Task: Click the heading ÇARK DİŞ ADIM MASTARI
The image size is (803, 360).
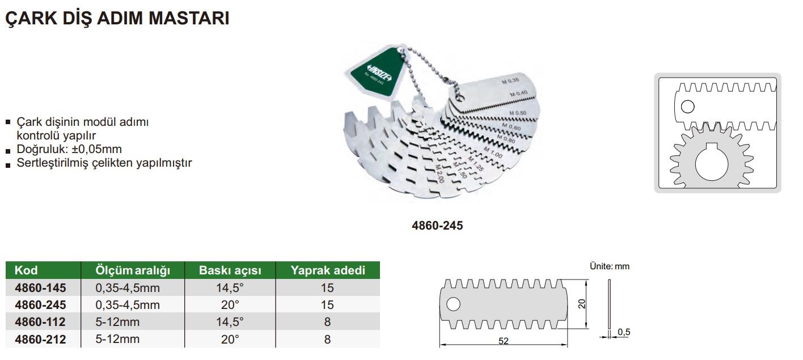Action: [x=117, y=19]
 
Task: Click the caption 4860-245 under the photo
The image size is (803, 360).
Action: [x=437, y=226]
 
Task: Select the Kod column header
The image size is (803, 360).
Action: [x=26, y=270]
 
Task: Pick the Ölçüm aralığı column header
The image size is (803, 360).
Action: [x=133, y=270]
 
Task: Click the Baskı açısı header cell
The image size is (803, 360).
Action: [x=230, y=270]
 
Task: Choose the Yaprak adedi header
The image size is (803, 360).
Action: [x=328, y=270]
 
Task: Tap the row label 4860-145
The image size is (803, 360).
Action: [x=40, y=287]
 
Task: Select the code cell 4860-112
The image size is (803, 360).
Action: [x=40, y=322]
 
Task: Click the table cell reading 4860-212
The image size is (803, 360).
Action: [x=40, y=339]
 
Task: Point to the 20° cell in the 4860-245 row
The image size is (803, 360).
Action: [x=230, y=305]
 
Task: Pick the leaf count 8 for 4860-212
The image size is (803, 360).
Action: [x=327, y=339]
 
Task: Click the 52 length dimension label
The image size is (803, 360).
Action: [x=504, y=341]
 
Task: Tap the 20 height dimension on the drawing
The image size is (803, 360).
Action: [x=581, y=304]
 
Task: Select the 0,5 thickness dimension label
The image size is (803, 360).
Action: [x=624, y=332]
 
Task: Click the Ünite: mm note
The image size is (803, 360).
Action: [x=610, y=266]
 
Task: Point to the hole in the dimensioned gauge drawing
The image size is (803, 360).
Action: [x=453, y=304]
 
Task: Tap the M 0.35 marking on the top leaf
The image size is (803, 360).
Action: [x=510, y=81]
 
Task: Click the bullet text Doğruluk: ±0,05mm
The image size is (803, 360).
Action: [x=69, y=149]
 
